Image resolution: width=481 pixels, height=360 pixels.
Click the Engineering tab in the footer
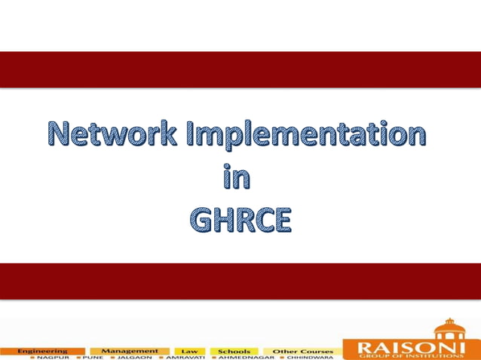pos(42,350)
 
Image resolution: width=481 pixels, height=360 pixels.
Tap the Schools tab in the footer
pos(234,351)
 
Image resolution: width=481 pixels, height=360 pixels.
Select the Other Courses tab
pos(302,351)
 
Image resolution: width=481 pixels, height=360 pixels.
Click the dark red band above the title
pos(240,69)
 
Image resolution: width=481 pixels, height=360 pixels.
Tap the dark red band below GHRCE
pos(240,281)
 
